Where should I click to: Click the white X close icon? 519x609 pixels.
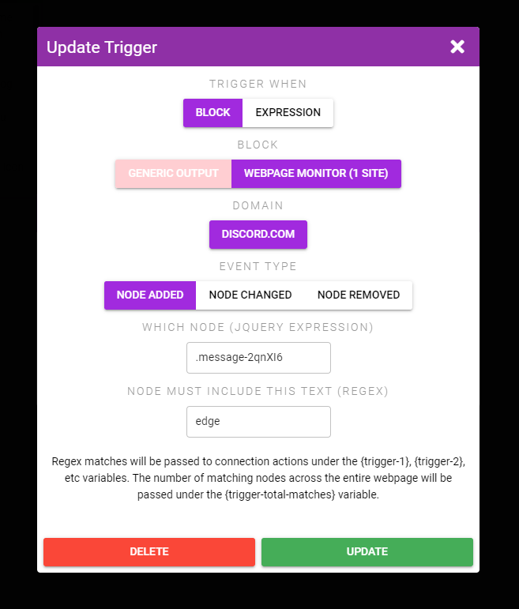pyautogui.click(x=457, y=47)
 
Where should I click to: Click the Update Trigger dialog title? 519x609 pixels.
pyautogui.click(x=102, y=47)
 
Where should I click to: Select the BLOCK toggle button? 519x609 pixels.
pyautogui.click(x=212, y=113)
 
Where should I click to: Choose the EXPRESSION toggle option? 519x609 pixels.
pyautogui.click(x=288, y=113)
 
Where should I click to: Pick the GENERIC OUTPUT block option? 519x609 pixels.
pyautogui.click(x=173, y=174)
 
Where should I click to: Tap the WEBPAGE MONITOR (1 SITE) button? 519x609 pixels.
pyautogui.click(x=316, y=174)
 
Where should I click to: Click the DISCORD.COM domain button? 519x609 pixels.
pyautogui.click(x=258, y=235)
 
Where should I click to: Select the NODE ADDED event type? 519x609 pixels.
pyautogui.click(x=150, y=295)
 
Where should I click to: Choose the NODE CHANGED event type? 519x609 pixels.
pyautogui.click(x=250, y=295)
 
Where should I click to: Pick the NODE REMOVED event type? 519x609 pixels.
pyautogui.click(x=359, y=295)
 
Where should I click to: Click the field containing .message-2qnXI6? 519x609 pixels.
pyautogui.click(x=259, y=358)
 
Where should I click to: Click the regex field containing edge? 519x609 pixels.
pyautogui.click(x=259, y=422)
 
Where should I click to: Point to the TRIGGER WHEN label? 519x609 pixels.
pyautogui.click(x=258, y=84)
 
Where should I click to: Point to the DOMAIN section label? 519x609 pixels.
pyautogui.click(x=258, y=205)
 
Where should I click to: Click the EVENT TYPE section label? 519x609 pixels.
pyautogui.click(x=258, y=266)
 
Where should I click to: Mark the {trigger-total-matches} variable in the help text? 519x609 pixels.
pyautogui.click(x=280, y=494)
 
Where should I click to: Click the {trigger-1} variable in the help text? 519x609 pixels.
pyautogui.click(x=385, y=461)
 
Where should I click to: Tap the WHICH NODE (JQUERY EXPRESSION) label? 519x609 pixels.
pyautogui.click(x=258, y=328)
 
